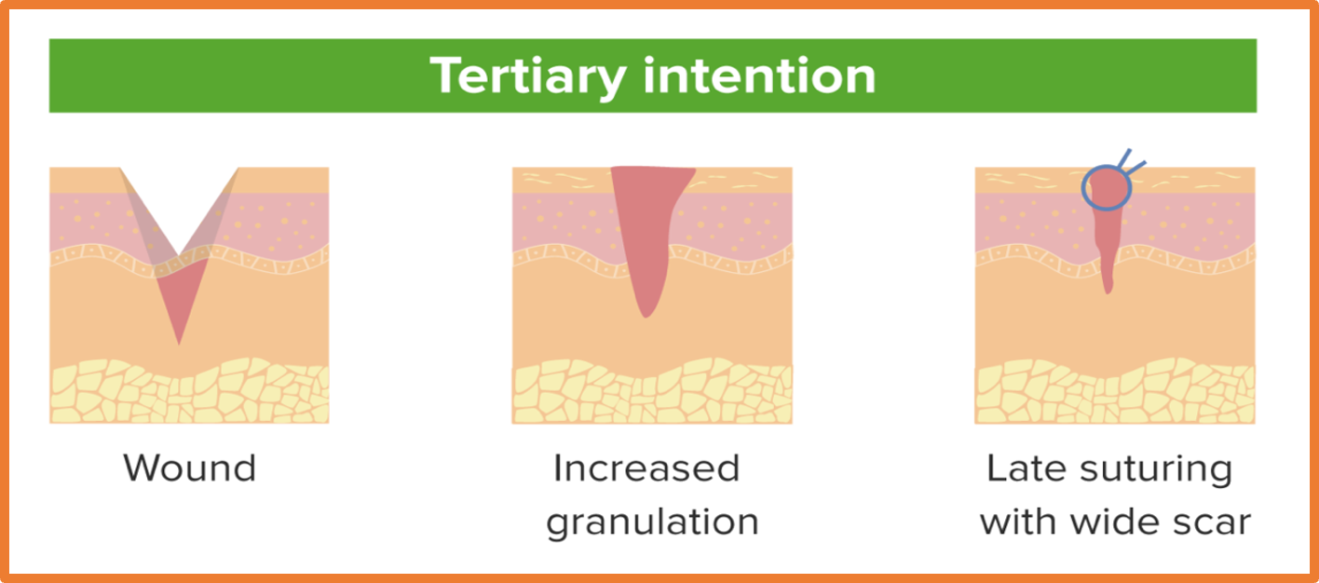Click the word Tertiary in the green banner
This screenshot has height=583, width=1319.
[x=528, y=76]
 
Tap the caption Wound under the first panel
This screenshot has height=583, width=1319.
[x=190, y=468]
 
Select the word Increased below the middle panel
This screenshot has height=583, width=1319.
[x=646, y=468]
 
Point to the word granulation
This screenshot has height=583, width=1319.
[x=652, y=522]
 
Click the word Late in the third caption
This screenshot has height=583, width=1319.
[x=1026, y=468]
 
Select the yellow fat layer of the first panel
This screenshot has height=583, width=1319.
[x=189, y=390]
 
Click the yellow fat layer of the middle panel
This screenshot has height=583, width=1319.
[x=652, y=390]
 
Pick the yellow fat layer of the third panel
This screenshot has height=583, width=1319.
[x=1115, y=390]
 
